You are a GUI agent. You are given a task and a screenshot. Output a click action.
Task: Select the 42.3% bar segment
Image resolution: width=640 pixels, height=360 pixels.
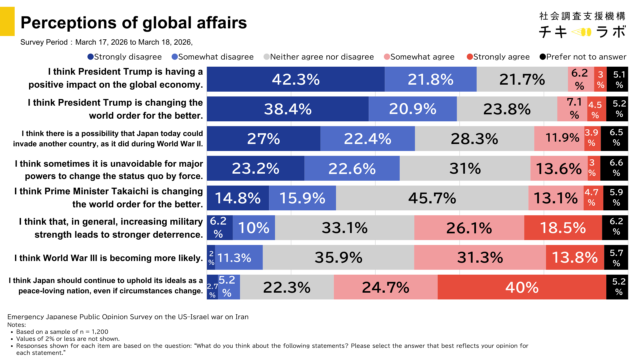(296, 79)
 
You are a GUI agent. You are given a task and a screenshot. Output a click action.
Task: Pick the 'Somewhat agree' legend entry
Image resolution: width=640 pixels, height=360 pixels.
(415, 57)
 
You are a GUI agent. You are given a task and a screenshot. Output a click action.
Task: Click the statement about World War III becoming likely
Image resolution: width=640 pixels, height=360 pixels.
(117, 257)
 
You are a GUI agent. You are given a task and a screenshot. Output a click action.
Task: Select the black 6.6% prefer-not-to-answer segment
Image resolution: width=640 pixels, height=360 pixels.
(617, 167)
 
